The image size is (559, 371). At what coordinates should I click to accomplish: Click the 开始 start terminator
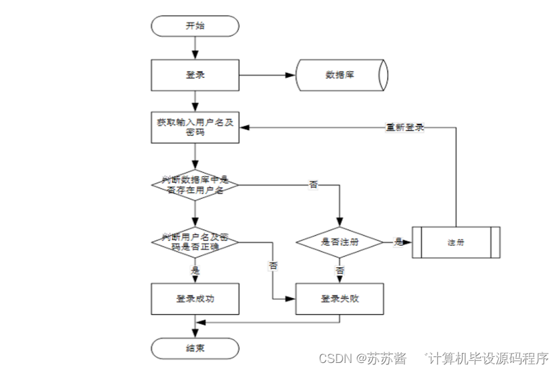tap(195, 26)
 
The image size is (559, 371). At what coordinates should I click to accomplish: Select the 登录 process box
tap(195, 74)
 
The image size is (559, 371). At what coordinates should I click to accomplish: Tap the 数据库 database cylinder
tap(340, 74)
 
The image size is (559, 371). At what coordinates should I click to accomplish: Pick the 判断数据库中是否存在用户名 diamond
tap(195, 185)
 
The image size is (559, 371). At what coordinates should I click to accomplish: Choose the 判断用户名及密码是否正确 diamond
tap(195, 242)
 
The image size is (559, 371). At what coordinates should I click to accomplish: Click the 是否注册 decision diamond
tap(340, 242)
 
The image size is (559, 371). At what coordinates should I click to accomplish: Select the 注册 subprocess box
tap(456, 242)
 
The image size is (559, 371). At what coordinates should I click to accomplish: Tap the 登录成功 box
tap(195, 299)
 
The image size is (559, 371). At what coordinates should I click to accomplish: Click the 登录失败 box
tap(340, 299)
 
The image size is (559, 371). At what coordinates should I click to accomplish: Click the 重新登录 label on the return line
tap(405, 127)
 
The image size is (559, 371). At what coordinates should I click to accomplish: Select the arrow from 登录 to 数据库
tap(268, 74)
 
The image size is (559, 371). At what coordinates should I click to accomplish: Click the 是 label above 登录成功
tap(195, 271)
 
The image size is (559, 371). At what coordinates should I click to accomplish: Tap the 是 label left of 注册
tap(398, 242)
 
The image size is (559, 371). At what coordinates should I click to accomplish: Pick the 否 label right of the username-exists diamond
tap(313, 185)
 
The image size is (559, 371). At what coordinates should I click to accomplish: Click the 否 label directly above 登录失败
tap(340, 271)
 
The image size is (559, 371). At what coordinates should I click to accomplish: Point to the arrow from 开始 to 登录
tap(195, 47)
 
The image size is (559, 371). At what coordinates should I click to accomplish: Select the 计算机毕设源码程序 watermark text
tap(488, 358)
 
